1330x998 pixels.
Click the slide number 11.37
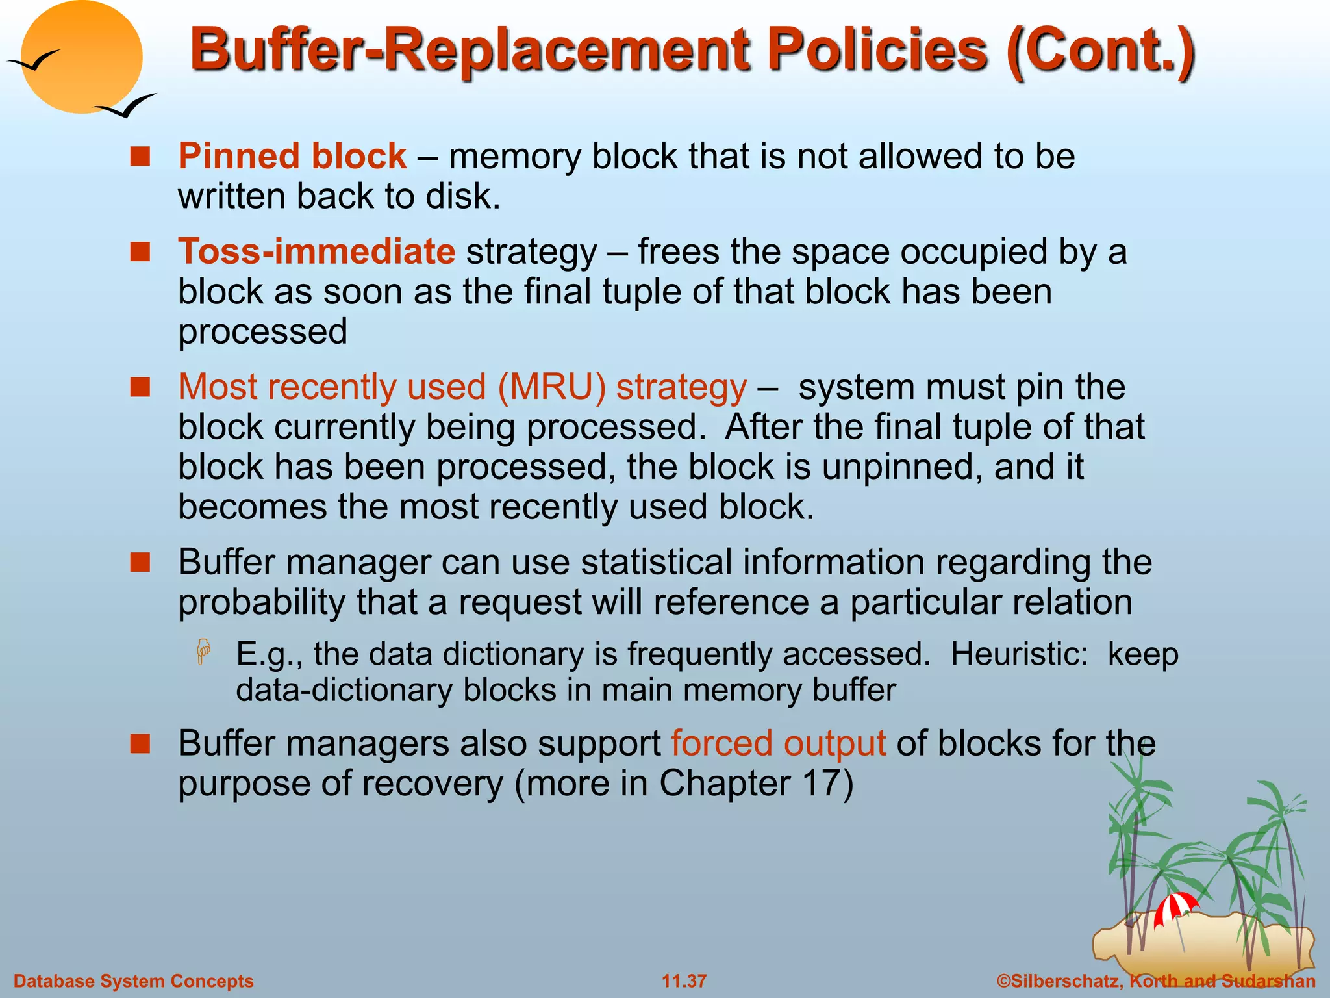point(684,980)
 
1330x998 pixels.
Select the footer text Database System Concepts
point(133,980)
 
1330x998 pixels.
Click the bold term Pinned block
point(292,156)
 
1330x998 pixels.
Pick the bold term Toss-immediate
point(316,251)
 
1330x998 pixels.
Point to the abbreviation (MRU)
point(551,387)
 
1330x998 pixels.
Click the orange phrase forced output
point(778,743)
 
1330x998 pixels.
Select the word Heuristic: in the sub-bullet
point(1019,654)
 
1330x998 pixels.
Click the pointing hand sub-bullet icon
point(204,652)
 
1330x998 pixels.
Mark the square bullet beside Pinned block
point(140,157)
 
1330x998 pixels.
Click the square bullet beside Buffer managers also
point(140,743)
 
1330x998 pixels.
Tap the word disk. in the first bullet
point(463,196)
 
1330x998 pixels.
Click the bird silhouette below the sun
point(127,106)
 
